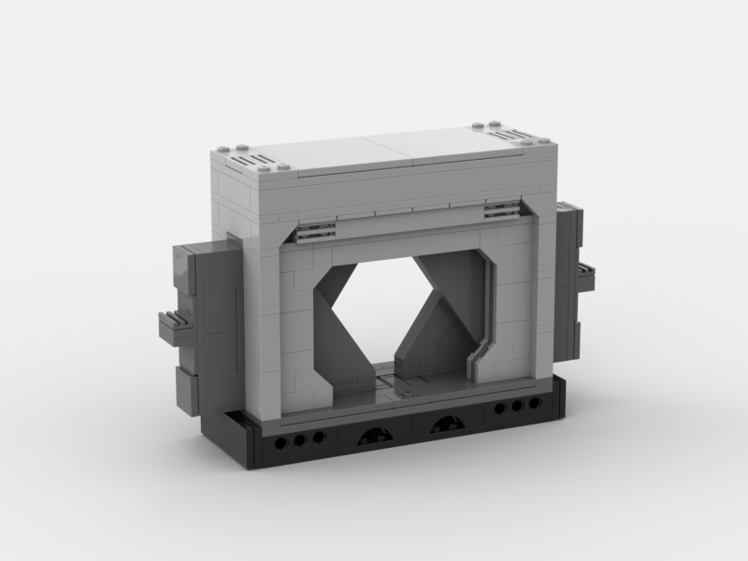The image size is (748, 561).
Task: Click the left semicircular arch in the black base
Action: tap(367, 431)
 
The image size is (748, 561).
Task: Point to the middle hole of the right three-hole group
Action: tap(517, 407)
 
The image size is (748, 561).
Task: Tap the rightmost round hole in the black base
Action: tap(534, 403)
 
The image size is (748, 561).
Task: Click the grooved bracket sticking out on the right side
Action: tap(588, 277)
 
